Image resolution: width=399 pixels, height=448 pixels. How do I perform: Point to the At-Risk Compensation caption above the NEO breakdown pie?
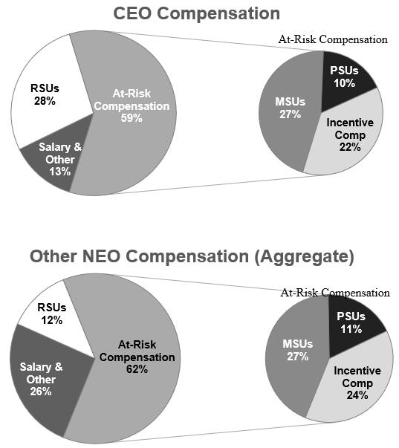[335, 293]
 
